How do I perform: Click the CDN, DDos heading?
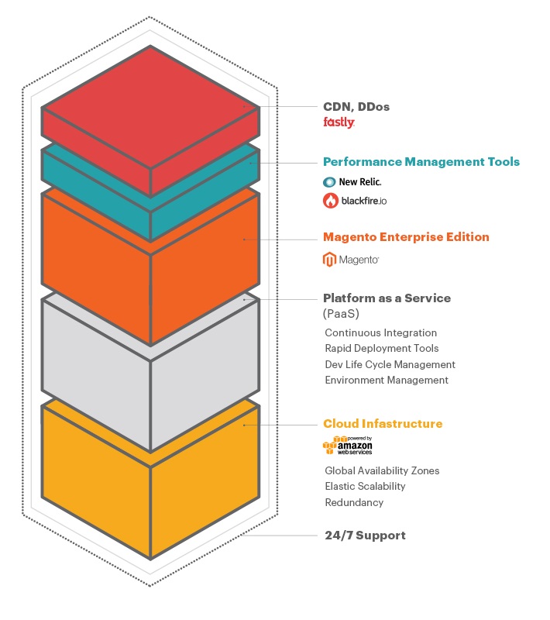[356, 107]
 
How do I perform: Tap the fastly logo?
[339, 122]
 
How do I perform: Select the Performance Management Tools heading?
[421, 162]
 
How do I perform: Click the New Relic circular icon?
[329, 182]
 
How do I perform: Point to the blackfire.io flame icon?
[330, 201]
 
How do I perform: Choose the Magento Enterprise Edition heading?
[406, 237]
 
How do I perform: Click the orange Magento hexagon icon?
[329, 260]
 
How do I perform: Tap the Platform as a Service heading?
[387, 298]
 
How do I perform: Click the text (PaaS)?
[341, 314]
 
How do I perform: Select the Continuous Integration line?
[381, 333]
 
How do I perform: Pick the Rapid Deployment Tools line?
[382, 348]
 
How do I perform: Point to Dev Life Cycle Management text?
[390, 364]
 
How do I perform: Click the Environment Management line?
[387, 380]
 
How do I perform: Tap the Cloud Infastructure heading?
[383, 423]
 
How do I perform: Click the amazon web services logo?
[348, 446]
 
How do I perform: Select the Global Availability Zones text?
[382, 470]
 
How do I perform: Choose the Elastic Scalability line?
[365, 487]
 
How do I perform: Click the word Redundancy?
[354, 502]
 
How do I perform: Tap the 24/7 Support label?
[365, 536]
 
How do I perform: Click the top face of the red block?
[150, 107]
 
